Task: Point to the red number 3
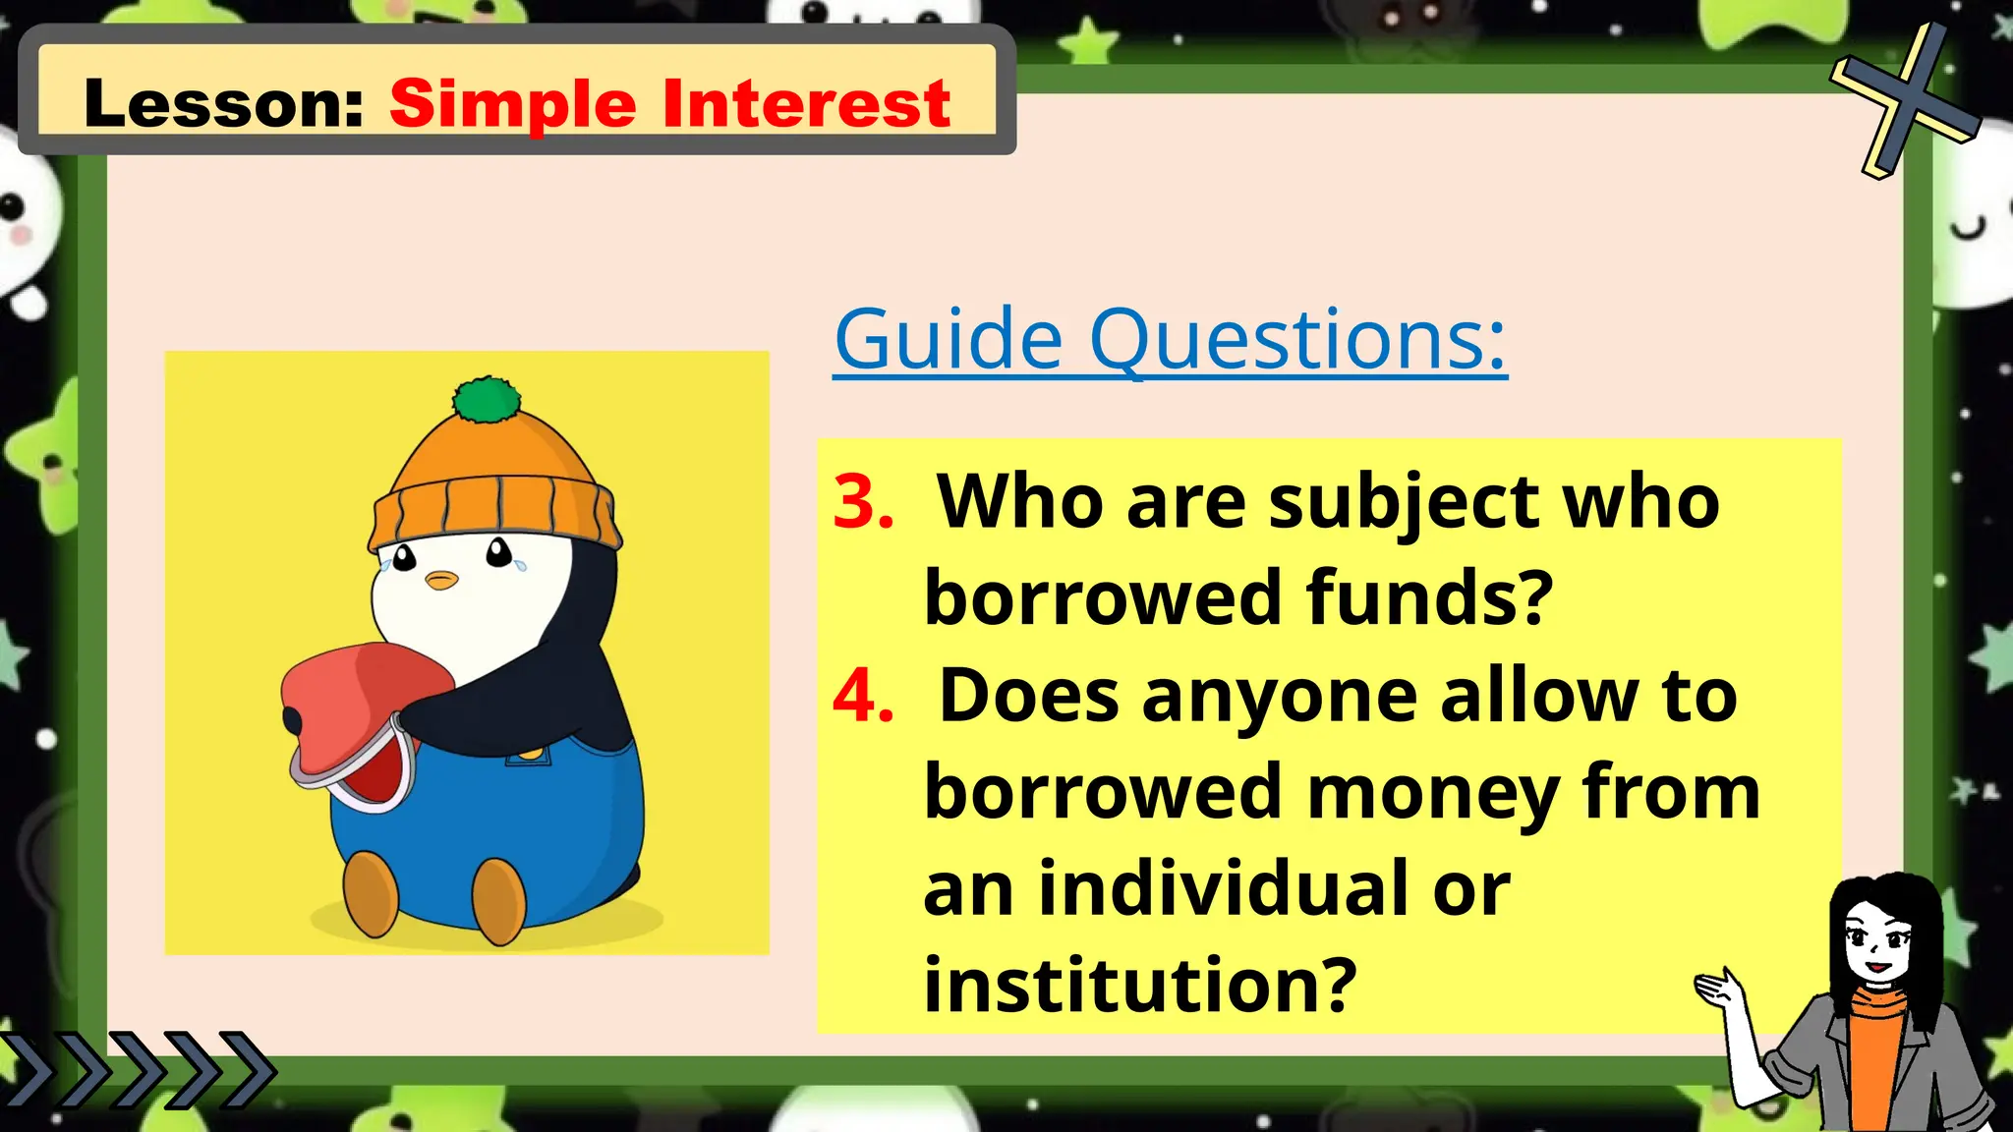tap(862, 502)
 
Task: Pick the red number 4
tap(862, 696)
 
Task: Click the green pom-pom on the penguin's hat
tap(486, 400)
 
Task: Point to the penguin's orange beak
tap(441, 580)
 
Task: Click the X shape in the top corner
tap(1905, 98)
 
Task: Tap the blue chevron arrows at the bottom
tap(138, 1068)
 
